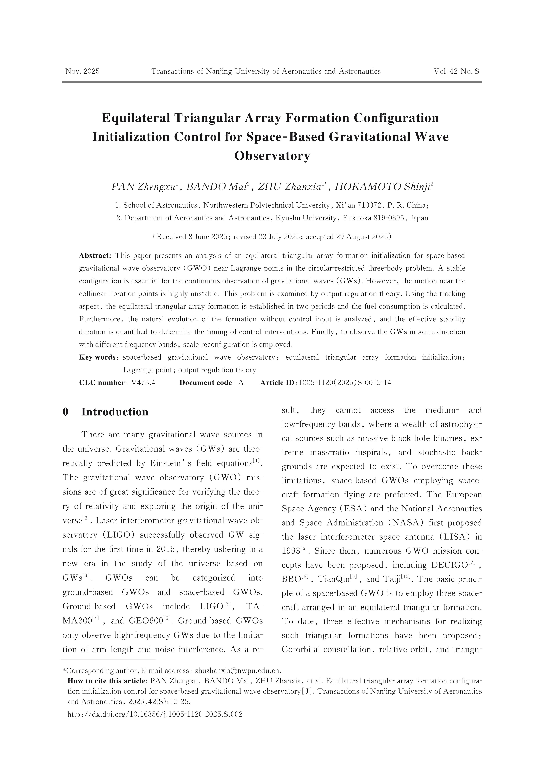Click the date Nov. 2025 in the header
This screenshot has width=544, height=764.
[x=82, y=71]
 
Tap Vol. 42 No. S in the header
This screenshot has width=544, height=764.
[x=456, y=71]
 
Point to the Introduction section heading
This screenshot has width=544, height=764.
[x=115, y=412]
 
